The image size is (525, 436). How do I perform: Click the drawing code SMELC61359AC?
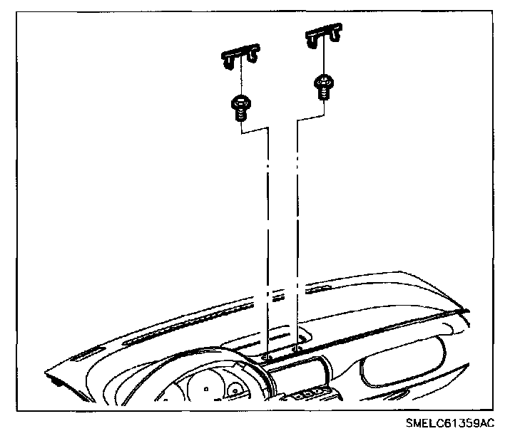tap(449, 423)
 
